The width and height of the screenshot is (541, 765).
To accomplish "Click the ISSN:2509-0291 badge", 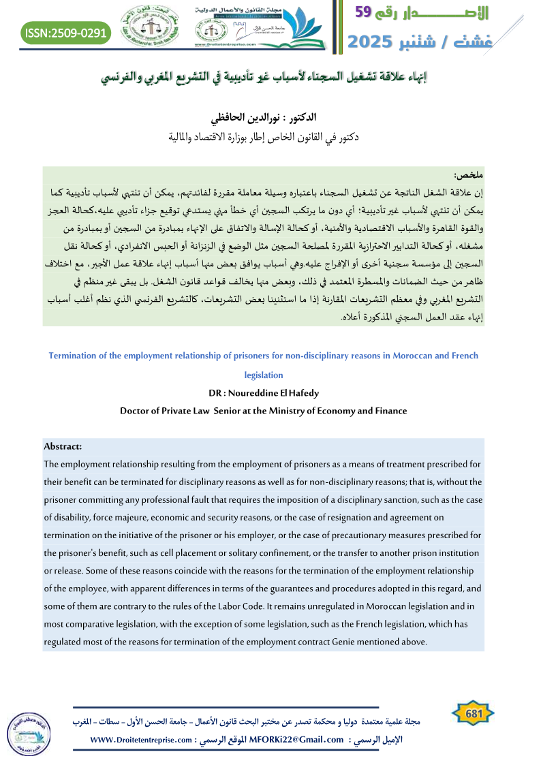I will click(65, 32).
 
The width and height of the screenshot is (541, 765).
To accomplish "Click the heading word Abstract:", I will click(63, 447).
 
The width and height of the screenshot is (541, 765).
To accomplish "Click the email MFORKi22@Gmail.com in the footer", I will click(298, 739).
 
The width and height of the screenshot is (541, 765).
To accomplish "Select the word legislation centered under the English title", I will click(263, 375).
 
